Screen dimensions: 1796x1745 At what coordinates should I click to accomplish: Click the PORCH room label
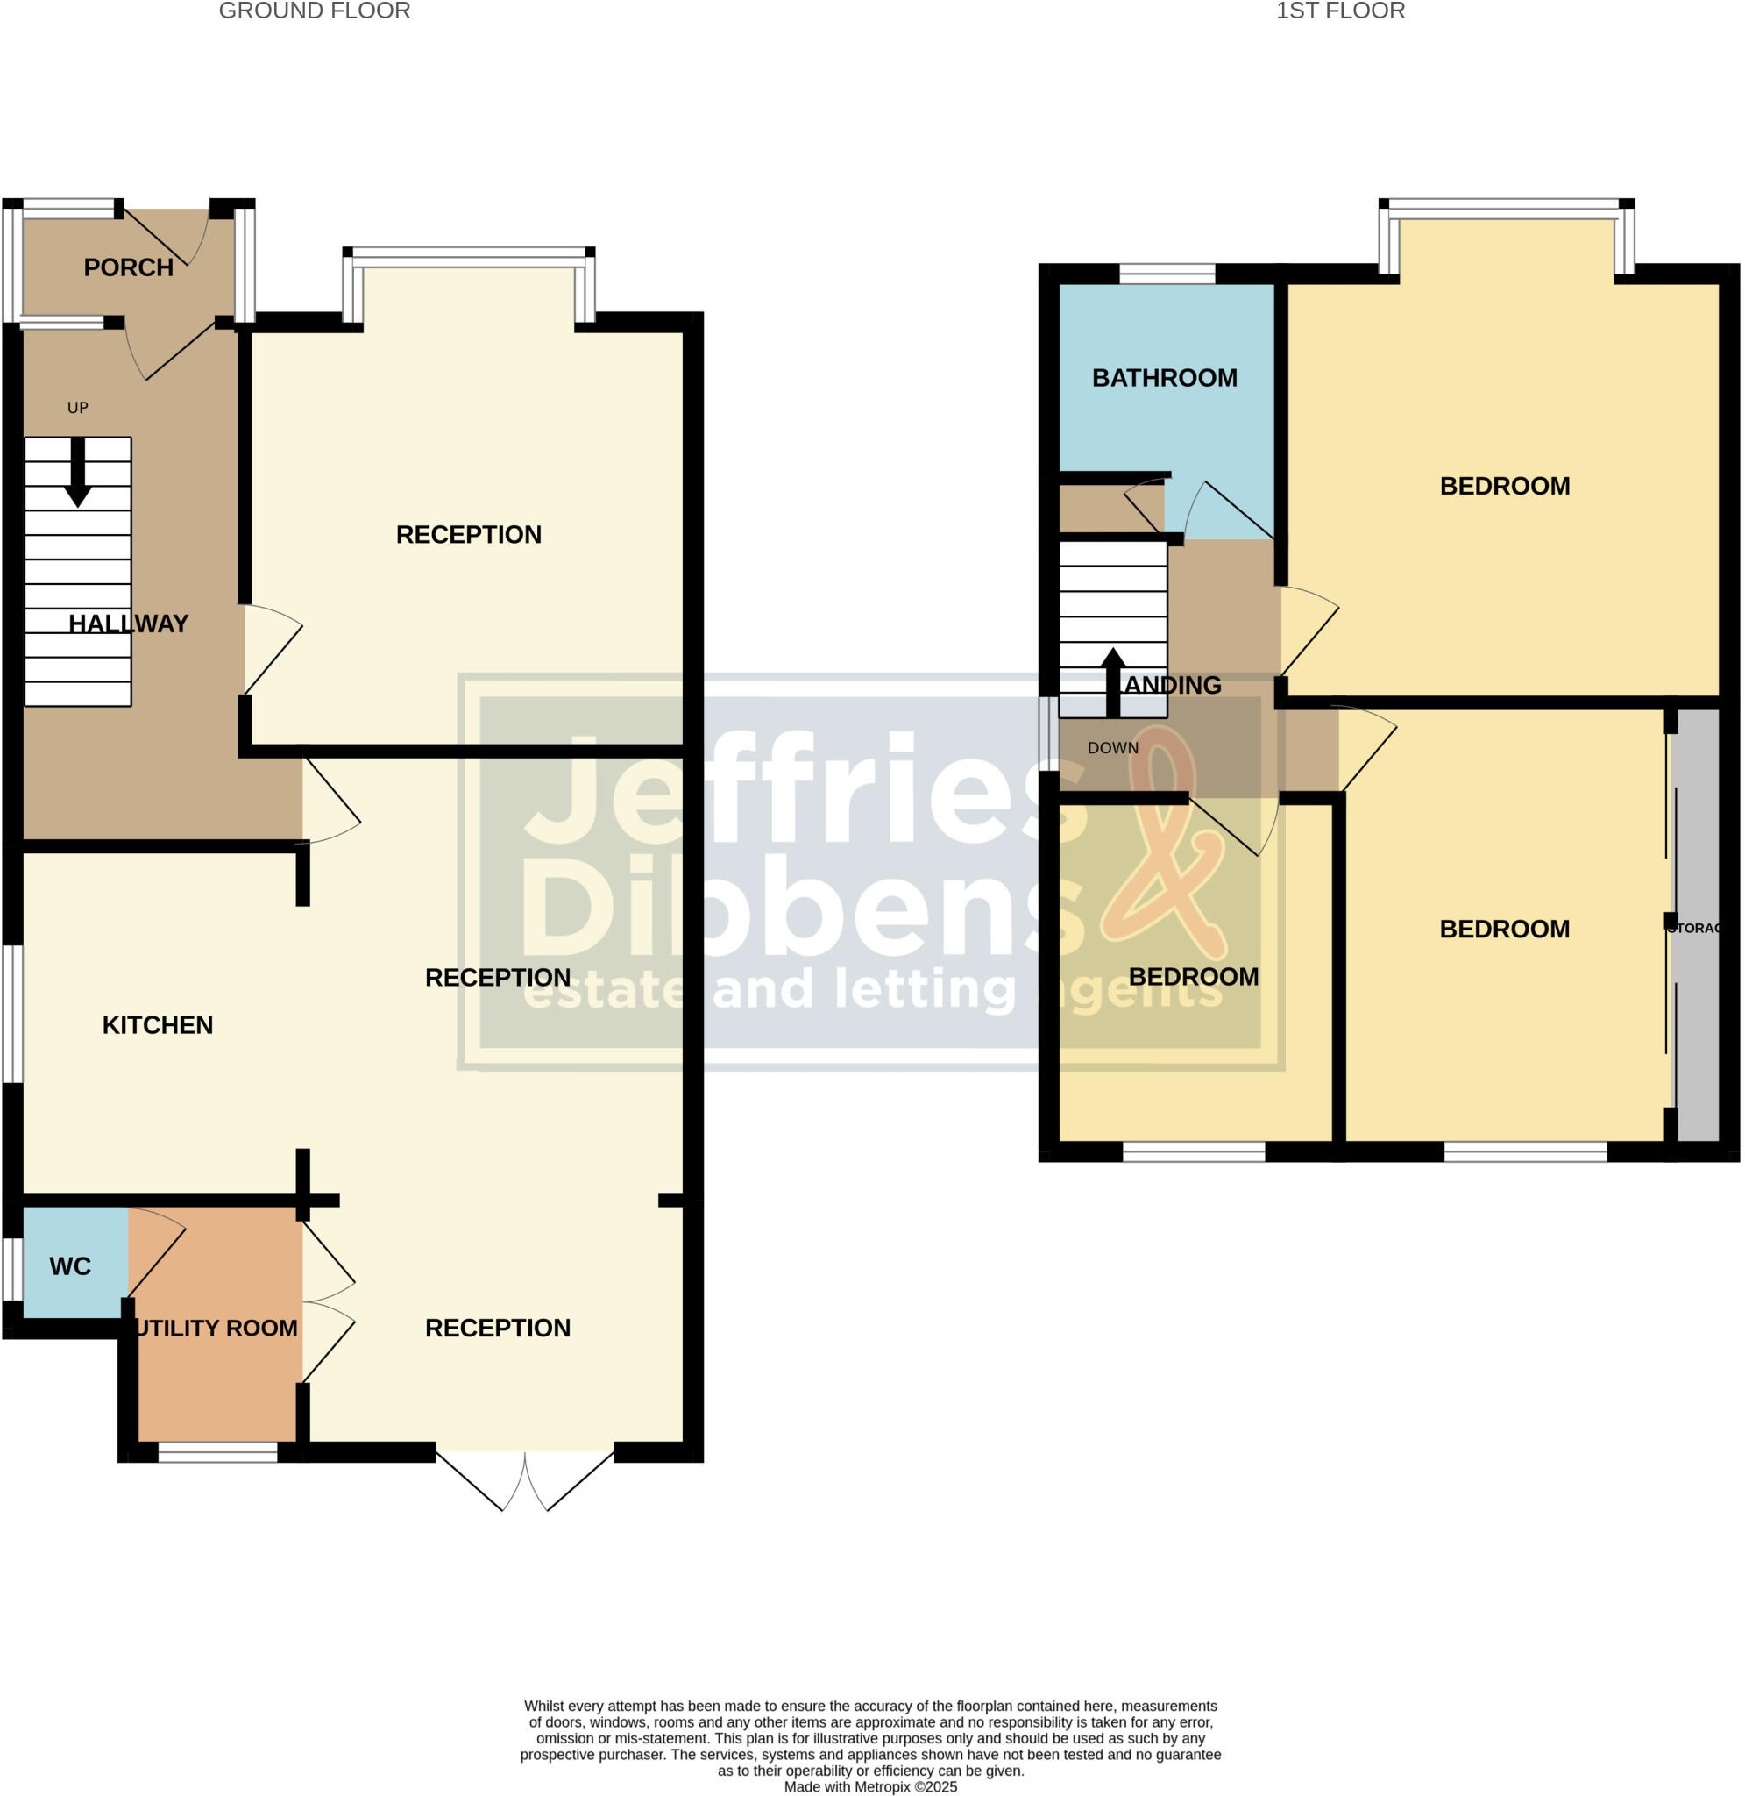(x=128, y=267)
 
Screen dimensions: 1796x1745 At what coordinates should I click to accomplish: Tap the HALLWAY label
(x=128, y=624)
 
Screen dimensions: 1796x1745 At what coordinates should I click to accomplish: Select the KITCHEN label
(x=158, y=1025)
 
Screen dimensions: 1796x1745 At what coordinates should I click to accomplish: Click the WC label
(x=71, y=1266)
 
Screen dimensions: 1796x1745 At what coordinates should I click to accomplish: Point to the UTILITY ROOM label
(x=216, y=1328)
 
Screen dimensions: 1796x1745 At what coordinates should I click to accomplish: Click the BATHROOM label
(x=1164, y=378)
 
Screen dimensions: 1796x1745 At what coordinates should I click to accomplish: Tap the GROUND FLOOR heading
(x=315, y=11)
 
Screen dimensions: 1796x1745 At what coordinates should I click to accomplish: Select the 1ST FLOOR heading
(x=1340, y=11)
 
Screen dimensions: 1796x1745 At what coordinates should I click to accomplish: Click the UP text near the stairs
(x=78, y=408)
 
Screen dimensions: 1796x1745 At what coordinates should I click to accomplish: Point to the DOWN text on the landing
(x=1112, y=748)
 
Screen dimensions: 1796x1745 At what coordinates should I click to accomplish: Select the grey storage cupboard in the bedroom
(x=1696, y=926)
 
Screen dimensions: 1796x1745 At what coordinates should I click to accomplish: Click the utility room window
(x=217, y=1452)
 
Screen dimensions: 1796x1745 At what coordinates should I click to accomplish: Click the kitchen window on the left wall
(x=12, y=1014)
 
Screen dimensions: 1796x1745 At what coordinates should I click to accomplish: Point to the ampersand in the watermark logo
(x=1162, y=844)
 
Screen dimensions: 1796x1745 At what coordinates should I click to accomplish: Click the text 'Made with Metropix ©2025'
(x=869, y=1787)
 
